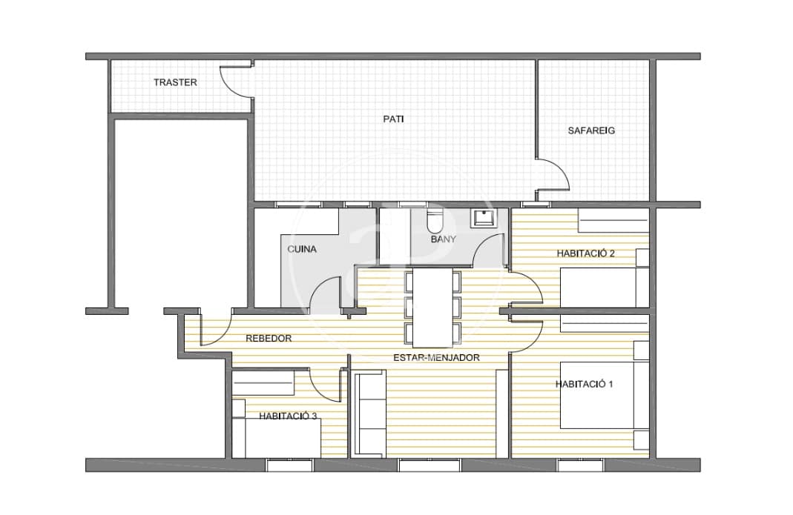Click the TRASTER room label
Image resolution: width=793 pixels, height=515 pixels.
175,82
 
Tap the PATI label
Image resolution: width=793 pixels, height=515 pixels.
393,119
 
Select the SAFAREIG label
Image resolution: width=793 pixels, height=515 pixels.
591,130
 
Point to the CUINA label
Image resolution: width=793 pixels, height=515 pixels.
302,249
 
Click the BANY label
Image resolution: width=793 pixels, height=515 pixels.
444,239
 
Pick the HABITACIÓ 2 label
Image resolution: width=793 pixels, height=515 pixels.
586,253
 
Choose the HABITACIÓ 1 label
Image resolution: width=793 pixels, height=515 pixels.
585,384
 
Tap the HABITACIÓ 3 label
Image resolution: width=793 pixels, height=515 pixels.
289,416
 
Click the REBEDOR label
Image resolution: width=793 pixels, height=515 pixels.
268,338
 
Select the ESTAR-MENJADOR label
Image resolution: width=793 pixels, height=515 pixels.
436,357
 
